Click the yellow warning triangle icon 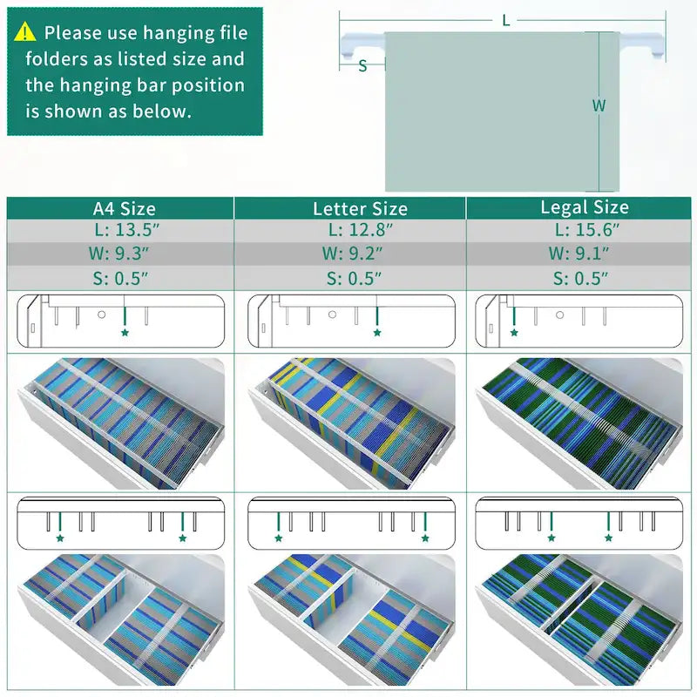point(25,31)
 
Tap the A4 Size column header point(125,208)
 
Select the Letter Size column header point(360,208)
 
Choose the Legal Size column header point(585,207)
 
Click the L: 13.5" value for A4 point(126,230)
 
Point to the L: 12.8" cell point(361,230)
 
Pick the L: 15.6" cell point(586,230)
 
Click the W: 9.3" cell point(118,254)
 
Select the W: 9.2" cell point(352,254)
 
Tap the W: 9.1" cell point(579,254)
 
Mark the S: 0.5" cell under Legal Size point(580,279)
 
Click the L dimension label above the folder point(506,20)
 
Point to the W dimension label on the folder point(599,105)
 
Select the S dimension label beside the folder point(362,66)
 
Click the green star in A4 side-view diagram point(125,333)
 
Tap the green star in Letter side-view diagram point(377,333)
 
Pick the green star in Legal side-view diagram point(514,333)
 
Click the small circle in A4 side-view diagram point(101,315)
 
